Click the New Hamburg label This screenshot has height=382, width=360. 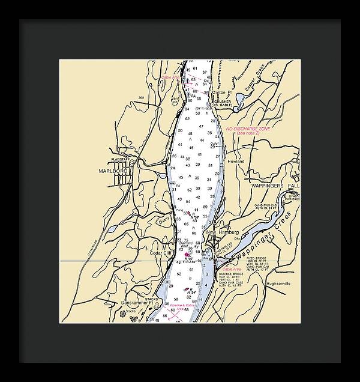(x=223, y=232)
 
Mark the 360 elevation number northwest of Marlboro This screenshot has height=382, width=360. (x=142, y=97)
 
